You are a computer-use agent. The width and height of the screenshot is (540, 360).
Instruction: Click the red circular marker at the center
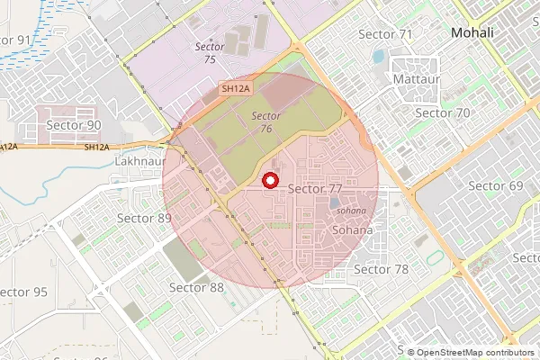268,180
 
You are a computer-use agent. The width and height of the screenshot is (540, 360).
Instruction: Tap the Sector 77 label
315,189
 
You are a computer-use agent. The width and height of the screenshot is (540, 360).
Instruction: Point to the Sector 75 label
210,52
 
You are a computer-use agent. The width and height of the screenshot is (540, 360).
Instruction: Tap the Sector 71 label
385,34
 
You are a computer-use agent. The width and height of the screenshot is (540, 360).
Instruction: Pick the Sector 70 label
442,113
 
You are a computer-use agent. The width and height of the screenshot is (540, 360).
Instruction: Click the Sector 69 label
496,186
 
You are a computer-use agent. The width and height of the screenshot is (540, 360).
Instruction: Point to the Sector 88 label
197,288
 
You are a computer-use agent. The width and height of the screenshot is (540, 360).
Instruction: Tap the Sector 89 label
144,219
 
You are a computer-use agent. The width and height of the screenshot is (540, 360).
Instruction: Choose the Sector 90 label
74,126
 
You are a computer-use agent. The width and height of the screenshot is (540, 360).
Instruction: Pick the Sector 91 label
15,40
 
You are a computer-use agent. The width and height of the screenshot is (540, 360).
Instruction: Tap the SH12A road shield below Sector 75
234,88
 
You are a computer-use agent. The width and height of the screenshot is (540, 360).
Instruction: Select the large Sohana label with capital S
352,230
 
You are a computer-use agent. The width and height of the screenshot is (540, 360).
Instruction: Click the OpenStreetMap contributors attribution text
474,353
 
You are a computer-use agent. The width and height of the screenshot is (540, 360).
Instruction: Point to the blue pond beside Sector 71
378,57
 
